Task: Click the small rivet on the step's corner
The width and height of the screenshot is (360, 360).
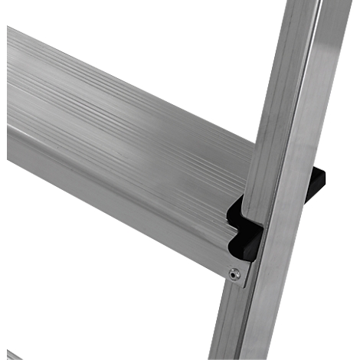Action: tap(236, 273)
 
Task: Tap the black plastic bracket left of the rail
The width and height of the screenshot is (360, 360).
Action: tap(244, 230)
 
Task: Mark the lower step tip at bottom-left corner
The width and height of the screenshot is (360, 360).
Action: tap(9, 354)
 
